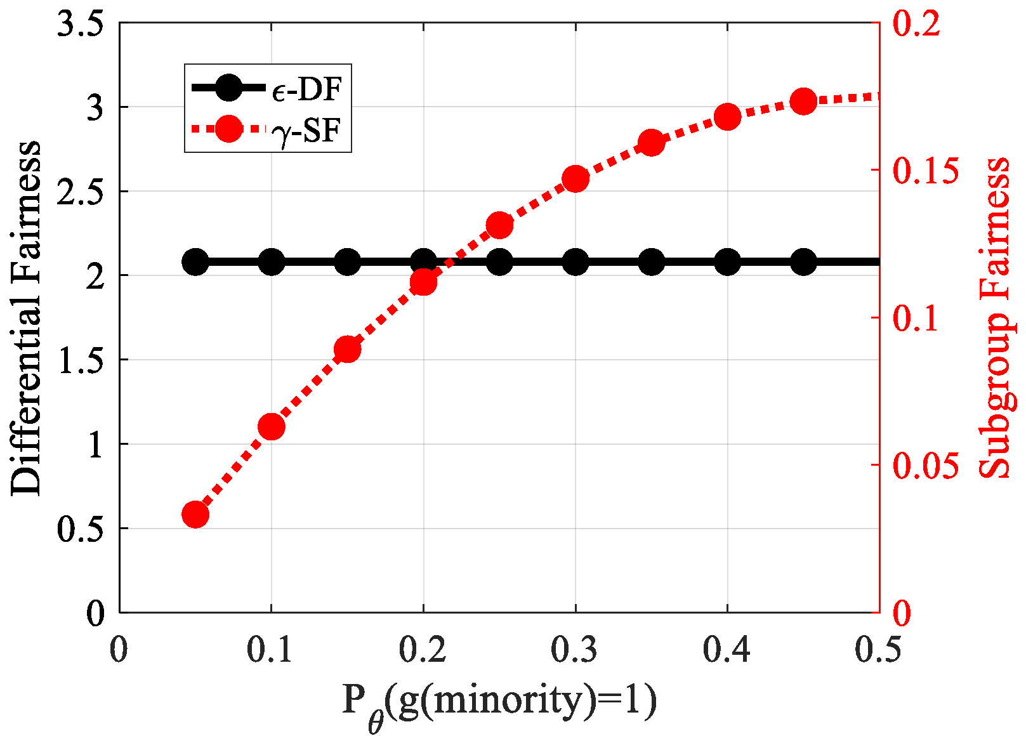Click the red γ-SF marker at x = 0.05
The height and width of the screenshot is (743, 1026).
click(195, 515)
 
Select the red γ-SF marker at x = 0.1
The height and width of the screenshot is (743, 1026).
click(272, 427)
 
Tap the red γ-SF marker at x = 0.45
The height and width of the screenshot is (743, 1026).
click(803, 102)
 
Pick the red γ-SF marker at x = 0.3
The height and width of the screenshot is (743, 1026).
click(575, 180)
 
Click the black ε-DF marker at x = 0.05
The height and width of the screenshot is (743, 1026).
click(195, 261)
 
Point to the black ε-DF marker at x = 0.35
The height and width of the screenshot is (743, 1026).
click(652, 261)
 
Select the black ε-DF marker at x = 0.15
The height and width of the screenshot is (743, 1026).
click(347, 261)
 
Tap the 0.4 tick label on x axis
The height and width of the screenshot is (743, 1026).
click(727, 650)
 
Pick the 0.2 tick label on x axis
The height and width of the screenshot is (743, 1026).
click(423, 650)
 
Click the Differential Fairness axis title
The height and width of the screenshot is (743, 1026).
click(27, 317)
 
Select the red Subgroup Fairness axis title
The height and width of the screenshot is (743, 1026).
click(994, 317)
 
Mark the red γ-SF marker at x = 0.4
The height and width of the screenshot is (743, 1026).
click(727, 117)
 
